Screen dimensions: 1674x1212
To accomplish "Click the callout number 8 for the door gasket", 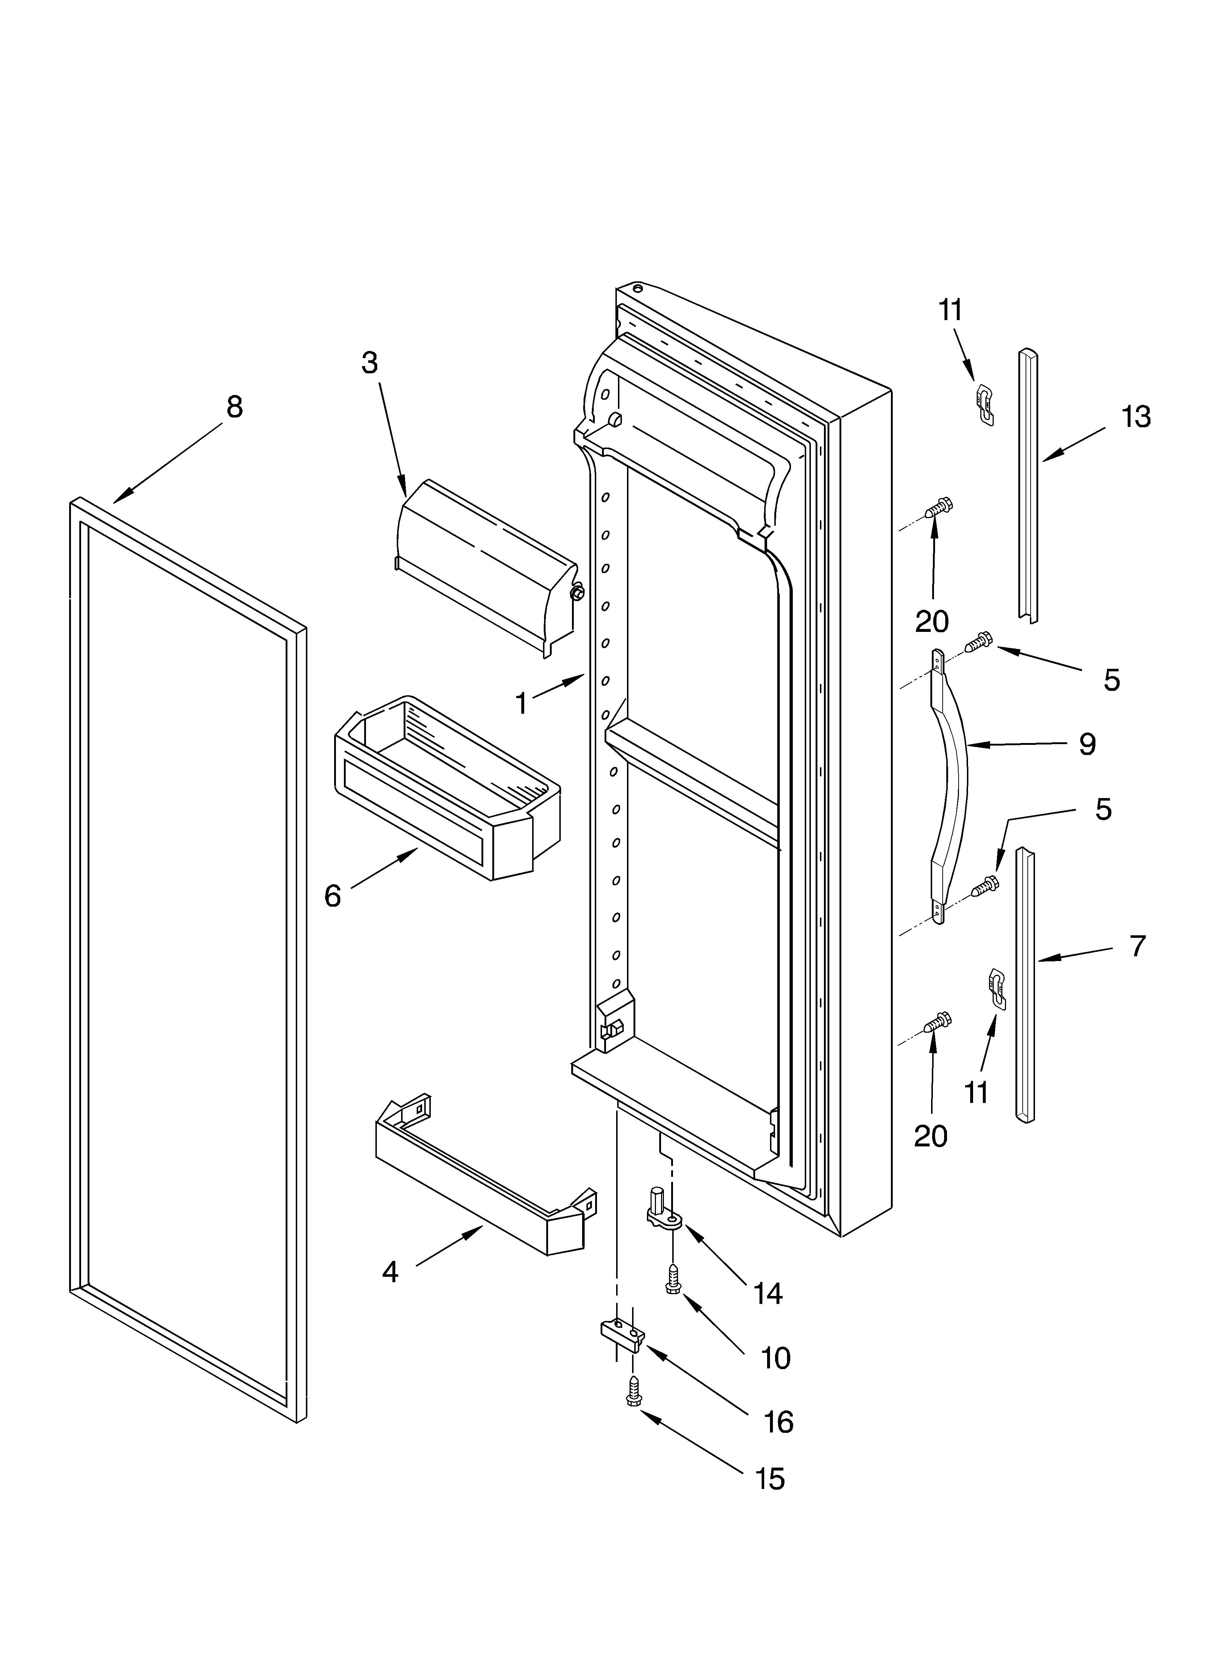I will [x=234, y=407].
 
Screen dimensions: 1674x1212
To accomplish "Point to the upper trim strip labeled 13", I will [x=1028, y=487].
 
